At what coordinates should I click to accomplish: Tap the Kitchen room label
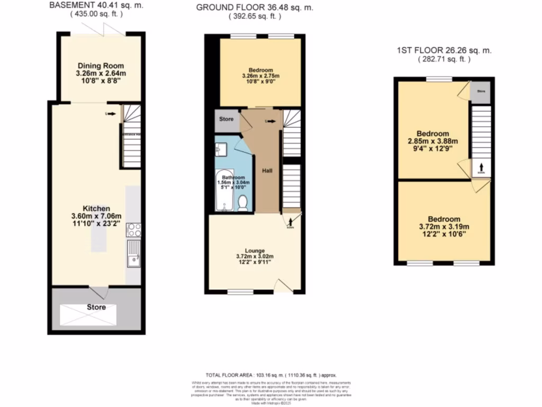click(x=96, y=208)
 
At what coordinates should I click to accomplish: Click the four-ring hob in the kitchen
click(x=133, y=230)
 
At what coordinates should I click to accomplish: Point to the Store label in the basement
click(x=96, y=307)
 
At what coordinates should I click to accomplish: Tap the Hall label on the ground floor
click(x=267, y=172)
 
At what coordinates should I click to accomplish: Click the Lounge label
click(x=255, y=251)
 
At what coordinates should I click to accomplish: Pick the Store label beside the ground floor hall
click(x=226, y=119)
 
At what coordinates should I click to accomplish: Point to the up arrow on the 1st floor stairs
click(x=481, y=166)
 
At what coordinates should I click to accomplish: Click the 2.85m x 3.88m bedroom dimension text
click(x=433, y=141)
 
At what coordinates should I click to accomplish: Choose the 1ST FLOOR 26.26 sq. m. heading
click(x=444, y=51)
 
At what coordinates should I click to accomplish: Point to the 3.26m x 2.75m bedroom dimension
click(x=260, y=76)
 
